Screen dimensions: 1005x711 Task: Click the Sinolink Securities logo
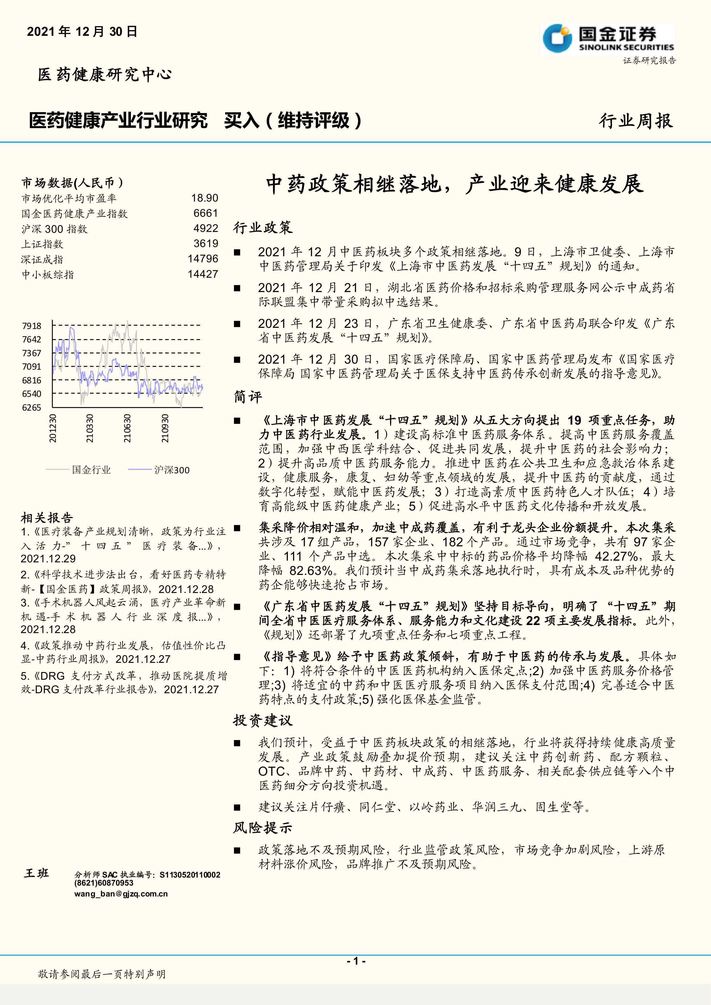[x=608, y=39]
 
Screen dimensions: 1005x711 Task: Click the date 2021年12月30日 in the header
[x=82, y=31]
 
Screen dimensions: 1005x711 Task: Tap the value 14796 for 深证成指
[x=203, y=259]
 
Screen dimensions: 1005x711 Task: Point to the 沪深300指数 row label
[x=55, y=229]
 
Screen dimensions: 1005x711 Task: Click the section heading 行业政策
[x=263, y=227]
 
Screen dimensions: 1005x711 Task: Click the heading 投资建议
[x=263, y=720]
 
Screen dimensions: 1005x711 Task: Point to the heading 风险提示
[x=263, y=828]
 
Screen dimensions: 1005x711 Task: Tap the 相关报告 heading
[x=47, y=518]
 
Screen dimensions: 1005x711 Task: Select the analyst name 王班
[x=37, y=873]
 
